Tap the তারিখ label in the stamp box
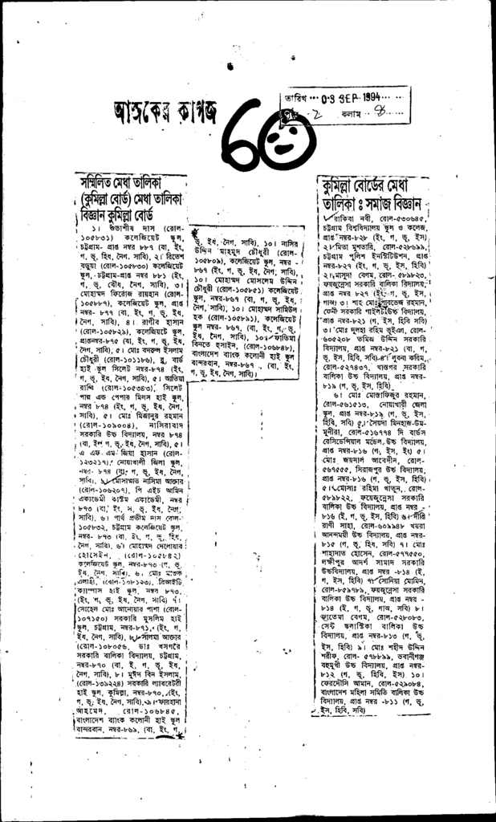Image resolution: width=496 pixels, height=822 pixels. point(291,99)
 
